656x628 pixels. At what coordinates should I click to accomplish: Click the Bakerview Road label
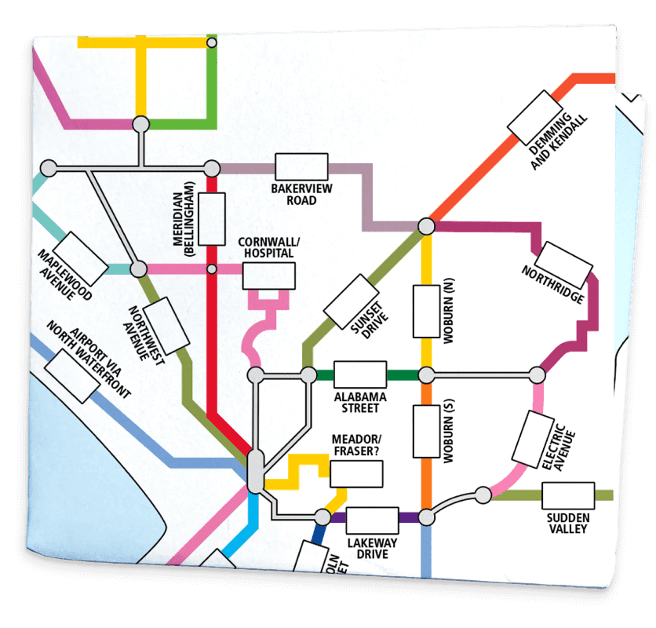click(x=293, y=195)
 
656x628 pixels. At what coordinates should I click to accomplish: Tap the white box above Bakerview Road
click(x=301, y=167)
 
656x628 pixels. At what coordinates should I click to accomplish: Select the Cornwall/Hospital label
click(x=267, y=248)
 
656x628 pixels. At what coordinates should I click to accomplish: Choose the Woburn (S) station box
click(x=426, y=431)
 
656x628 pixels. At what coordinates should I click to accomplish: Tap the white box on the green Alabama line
click(x=360, y=374)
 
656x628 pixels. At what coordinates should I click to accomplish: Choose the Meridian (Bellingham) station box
click(x=212, y=218)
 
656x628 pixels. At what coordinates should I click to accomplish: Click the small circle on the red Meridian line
click(x=211, y=269)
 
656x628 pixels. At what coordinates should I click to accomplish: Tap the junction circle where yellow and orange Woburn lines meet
click(x=426, y=374)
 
